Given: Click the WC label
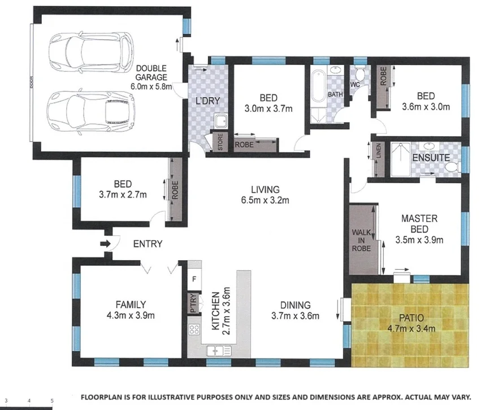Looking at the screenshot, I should (356, 85).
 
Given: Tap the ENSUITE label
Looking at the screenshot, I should (431, 158).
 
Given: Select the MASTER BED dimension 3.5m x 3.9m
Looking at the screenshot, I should (419, 240).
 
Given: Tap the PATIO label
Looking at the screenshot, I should (410, 317).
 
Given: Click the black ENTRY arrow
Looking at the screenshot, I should (105, 244).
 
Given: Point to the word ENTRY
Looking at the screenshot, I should (148, 244).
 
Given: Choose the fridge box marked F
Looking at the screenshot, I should (194, 279).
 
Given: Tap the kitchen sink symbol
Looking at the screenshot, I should (216, 351).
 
